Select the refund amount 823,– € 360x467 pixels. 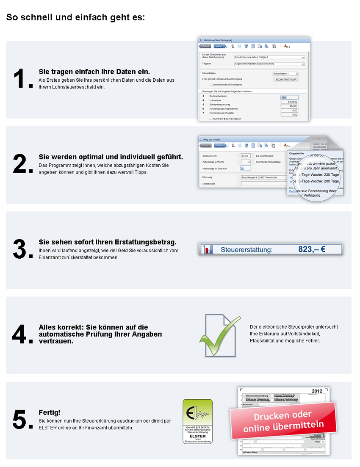tap(312, 249)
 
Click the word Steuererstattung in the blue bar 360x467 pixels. tap(246, 250)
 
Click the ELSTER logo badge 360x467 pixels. tap(197, 421)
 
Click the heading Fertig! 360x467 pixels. tap(50, 412)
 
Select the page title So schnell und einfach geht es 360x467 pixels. tap(75, 18)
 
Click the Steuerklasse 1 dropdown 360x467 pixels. tap(286, 74)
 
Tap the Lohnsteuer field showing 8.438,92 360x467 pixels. tap(289, 102)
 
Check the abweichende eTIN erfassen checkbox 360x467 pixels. tap(211, 84)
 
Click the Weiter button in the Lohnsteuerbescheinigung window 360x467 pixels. tap(219, 46)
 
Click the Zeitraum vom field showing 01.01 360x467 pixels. tap(245, 156)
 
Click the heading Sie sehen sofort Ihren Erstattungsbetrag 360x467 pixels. tap(108, 242)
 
